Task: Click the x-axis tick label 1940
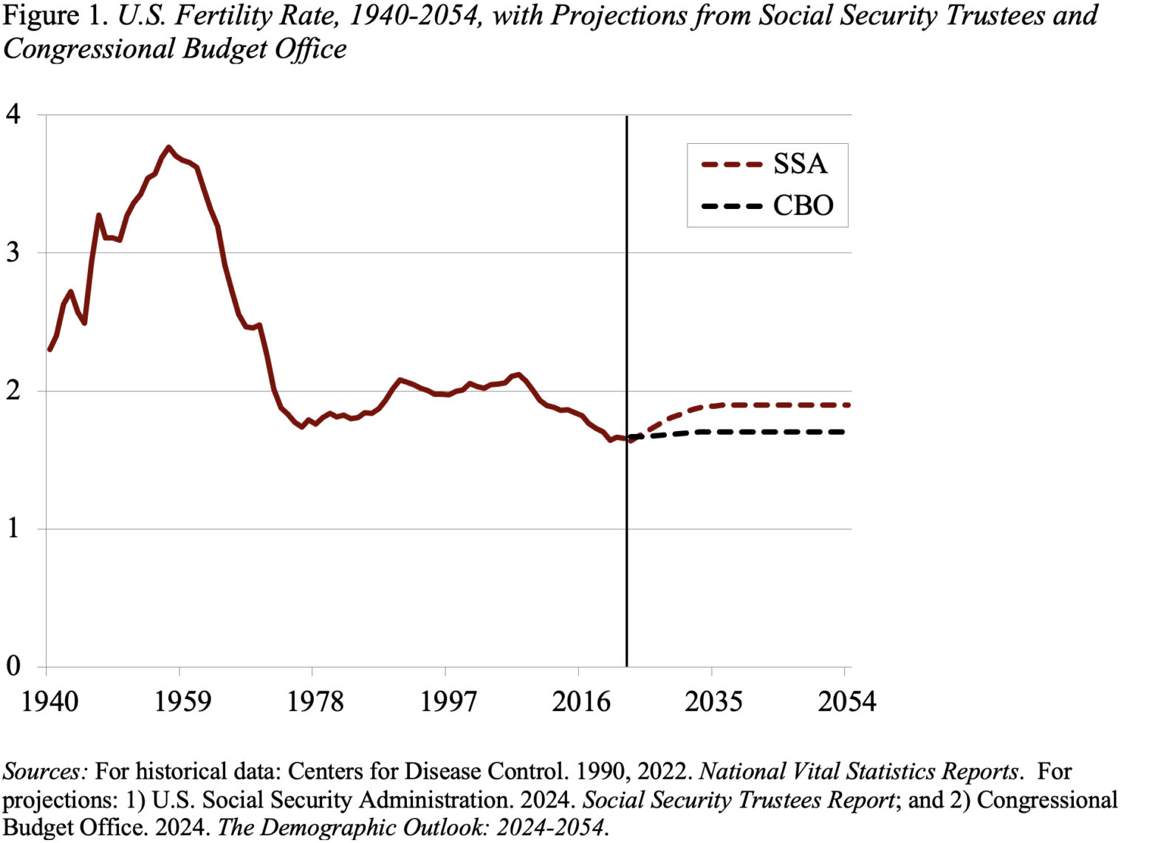click(49, 701)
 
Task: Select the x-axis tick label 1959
click(182, 701)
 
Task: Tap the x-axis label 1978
click(315, 701)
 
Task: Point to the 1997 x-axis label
click(448, 701)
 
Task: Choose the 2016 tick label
click(581, 701)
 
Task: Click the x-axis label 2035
click(713, 701)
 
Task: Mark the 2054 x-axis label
click(846, 701)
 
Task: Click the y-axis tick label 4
click(13, 114)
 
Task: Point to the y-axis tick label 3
click(13, 252)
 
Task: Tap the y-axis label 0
click(13, 666)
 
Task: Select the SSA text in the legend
click(800, 164)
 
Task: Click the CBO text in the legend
click(803, 205)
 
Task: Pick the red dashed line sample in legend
click(731, 165)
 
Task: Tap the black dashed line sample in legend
click(731, 206)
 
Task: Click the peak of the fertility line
click(168, 147)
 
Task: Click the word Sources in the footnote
click(44, 771)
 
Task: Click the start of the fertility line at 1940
click(49, 349)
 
